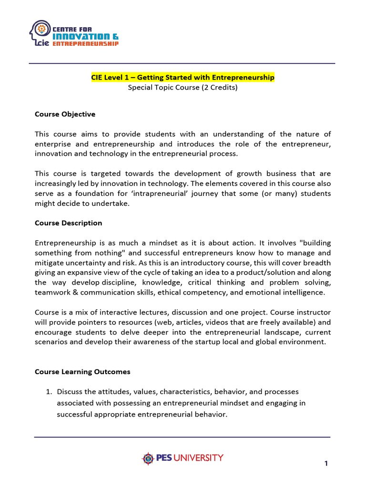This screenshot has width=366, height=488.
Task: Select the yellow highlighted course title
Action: pyautogui.click(x=183, y=77)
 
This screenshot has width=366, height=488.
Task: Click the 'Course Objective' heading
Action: pyautogui.click(x=65, y=114)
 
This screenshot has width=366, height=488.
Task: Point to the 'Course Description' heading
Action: pyautogui.click(x=68, y=223)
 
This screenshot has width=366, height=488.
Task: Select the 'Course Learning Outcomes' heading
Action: pyautogui.click(x=82, y=372)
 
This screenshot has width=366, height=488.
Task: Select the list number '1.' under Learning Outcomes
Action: pyautogui.click(x=49, y=392)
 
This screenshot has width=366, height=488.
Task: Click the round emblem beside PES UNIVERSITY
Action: pyautogui.click(x=148, y=458)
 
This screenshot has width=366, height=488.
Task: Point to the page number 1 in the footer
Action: pyautogui.click(x=326, y=464)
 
